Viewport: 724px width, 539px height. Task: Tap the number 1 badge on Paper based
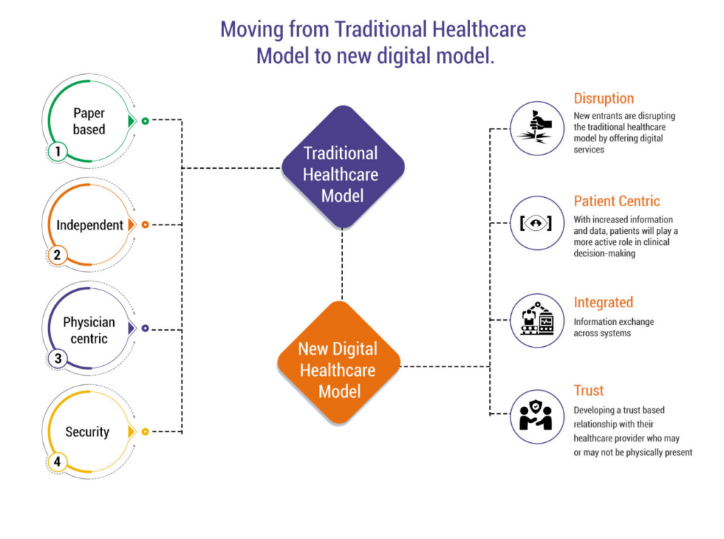click(57, 151)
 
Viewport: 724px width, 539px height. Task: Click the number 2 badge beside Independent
click(57, 255)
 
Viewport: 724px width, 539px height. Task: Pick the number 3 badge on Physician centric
click(58, 359)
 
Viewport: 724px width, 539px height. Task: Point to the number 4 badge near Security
click(57, 463)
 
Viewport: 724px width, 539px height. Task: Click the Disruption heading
click(603, 99)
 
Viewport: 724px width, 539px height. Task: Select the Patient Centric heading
click(617, 201)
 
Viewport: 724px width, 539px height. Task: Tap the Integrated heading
click(602, 302)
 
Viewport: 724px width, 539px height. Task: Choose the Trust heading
click(588, 391)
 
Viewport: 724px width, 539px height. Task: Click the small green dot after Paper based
click(145, 122)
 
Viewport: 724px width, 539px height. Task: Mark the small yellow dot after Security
click(145, 432)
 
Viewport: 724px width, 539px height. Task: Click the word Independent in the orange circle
click(90, 225)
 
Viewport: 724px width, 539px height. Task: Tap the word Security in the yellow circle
click(88, 432)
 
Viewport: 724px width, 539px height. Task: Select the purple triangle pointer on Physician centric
click(131, 328)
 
